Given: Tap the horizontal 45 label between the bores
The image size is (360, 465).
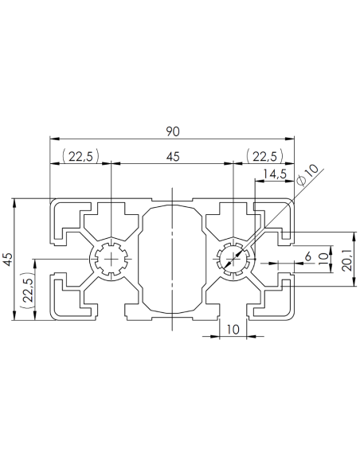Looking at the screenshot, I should coord(173,156).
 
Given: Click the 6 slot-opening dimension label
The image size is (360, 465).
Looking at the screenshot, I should coord(307,256).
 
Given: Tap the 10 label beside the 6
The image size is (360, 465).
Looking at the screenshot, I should coord(323,259).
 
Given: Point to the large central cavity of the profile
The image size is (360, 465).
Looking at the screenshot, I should coord(172,259).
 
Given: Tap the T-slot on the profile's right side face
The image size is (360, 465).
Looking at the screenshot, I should coord(280,259).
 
